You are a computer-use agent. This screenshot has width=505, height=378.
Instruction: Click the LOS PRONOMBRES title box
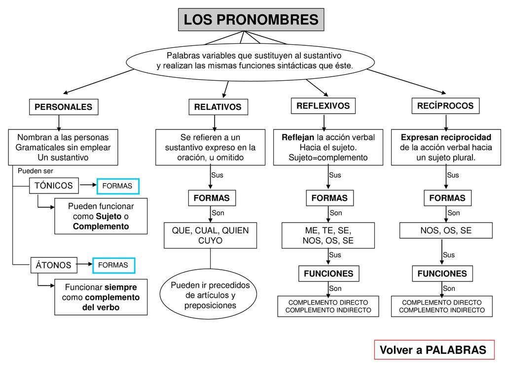pos(251,20)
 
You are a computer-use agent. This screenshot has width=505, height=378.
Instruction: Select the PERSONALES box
pos(64,107)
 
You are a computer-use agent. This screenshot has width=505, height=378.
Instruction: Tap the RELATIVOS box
pos(218,107)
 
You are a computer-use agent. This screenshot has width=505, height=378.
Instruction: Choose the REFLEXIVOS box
pos(323,106)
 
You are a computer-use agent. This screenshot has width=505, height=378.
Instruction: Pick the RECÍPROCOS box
pos(445,106)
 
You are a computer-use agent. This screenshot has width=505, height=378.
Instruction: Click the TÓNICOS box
pos(54,186)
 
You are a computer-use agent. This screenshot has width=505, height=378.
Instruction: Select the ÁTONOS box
pos(54,265)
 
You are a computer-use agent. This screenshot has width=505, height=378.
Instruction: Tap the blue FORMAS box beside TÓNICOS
pos(118,186)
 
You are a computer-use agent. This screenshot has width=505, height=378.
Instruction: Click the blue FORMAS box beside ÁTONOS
pos(114,265)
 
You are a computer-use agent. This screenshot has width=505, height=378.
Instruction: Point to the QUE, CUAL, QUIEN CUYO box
pos(210,235)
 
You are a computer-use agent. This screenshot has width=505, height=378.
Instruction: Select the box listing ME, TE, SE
pos(328,235)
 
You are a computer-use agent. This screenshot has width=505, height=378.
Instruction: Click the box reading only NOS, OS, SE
pos(446,230)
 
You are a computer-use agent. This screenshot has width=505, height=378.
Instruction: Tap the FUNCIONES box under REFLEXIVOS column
pos(329,274)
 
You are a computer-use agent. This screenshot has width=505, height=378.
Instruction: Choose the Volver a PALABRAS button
pos(434,350)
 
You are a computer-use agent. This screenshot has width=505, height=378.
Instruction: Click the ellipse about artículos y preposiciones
pos(208,294)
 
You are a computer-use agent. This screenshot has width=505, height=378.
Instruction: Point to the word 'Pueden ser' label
pos(36,171)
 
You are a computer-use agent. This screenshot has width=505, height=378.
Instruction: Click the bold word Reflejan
pos(298,138)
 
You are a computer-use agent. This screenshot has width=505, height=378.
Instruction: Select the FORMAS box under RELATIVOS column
pos(212,198)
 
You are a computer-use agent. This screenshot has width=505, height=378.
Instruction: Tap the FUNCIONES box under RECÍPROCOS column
pos(442,274)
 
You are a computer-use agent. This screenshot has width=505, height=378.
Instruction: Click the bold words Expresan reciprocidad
pos(446,138)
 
